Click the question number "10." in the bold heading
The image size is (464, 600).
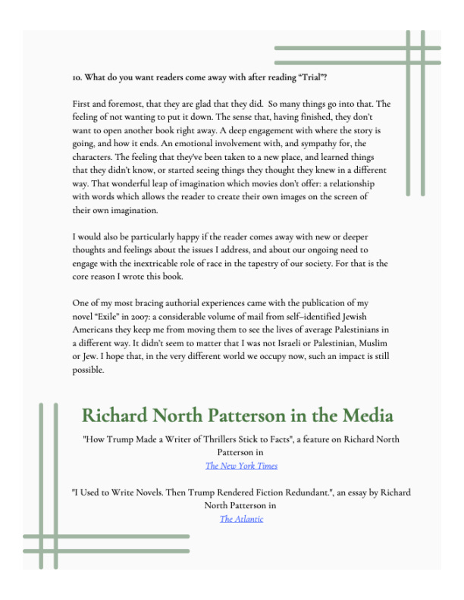coord(77,77)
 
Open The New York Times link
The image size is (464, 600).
coord(241,466)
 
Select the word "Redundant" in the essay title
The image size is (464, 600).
coord(320,492)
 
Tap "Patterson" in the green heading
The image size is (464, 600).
coord(256,416)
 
